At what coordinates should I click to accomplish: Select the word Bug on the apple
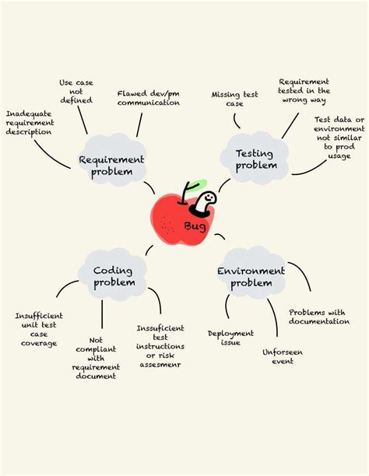coord(194,226)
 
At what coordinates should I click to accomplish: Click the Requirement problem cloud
coord(111,166)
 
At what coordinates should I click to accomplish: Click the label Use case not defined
coord(76,91)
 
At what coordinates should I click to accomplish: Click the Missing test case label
coord(235,99)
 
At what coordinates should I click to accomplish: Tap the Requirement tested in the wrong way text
coord(304,91)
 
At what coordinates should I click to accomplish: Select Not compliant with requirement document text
coord(96,358)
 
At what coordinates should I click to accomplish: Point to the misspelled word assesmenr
coord(160,363)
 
